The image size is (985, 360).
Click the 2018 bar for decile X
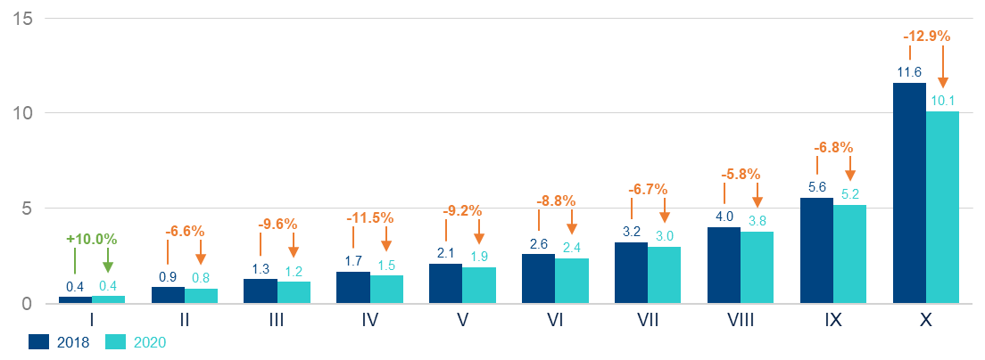point(909,193)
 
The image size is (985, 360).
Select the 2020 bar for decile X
point(942,208)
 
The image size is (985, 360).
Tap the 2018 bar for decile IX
point(816,250)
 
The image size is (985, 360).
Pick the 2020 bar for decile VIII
point(757,267)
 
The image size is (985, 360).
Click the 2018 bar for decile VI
point(538,279)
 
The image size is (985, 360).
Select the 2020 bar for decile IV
point(386,290)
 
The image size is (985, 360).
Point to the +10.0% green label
point(91,239)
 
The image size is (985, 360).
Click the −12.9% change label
point(926,37)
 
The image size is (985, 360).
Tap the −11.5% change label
point(369,217)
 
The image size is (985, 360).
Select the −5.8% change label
point(741,174)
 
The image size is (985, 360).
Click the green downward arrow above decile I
point(108,266)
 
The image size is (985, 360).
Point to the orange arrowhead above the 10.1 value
point(943,83)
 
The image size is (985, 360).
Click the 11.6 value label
point(909,71)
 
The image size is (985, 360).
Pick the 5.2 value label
point(849,193)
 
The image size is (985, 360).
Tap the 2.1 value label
point(445,253)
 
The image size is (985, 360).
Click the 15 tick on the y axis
point(21,18)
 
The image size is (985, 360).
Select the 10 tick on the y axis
point(21,113)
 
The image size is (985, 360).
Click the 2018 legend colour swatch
point(38,341)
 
